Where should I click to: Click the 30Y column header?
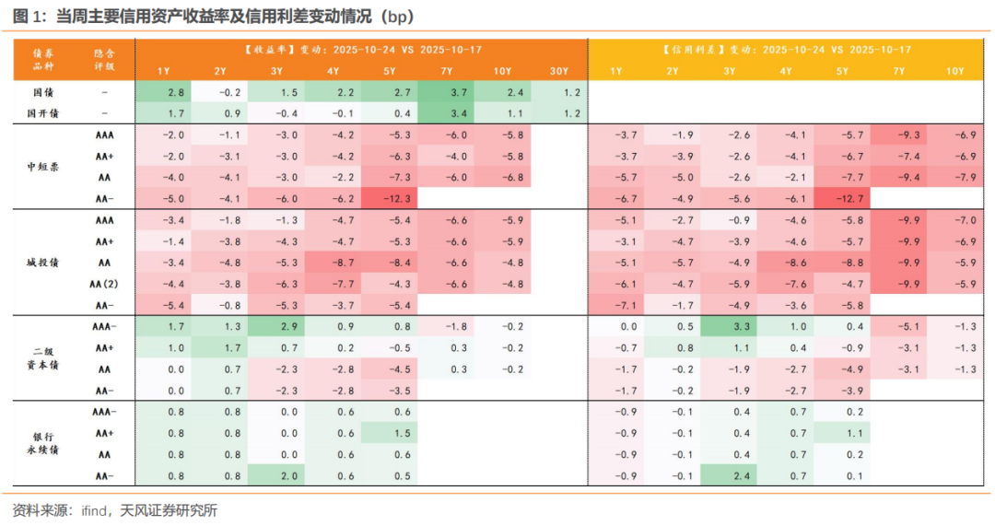pyautogui.click(x=559, y=71)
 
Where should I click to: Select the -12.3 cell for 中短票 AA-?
pyautogui.click(x=390, y=197)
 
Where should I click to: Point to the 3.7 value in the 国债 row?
pyautogui.click(x=446, y=93)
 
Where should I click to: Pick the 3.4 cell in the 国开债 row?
pyautogui.click(x=446, y=113)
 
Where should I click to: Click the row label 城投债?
pyautogui.click(x=45, y=262)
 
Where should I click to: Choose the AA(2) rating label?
pyautogui.click(x=105, y=283)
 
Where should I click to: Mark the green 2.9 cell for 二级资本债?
pyautogui.click(x=276, y=325)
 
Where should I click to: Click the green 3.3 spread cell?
pyautogui.click(x=729, y=325)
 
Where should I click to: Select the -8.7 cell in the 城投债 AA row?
pyautogui.click(x=334, y=262)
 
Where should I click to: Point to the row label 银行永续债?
pyautogui.click(x=45, y=443)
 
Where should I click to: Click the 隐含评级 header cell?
pyautogui.click(x=105, y=60)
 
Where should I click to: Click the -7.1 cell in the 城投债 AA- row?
pyautogui.click(x=615, y=304)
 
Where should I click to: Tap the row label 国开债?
pyautogui.click(x=45, y=113)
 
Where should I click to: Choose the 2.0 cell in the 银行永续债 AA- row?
pyautogui.click(x=276, y=475)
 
